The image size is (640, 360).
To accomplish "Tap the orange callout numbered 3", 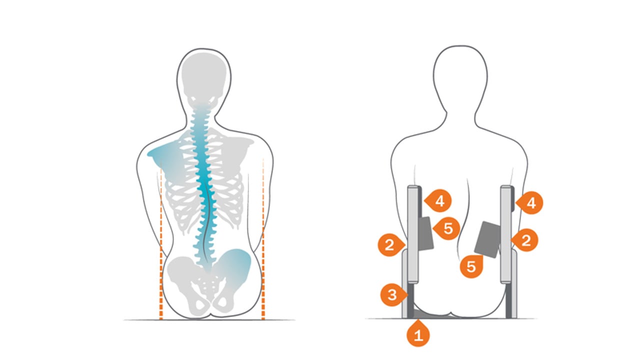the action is pos(393,294).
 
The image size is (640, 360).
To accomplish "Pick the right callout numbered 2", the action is pos(525,240).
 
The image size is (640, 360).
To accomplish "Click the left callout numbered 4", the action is pos(439,200).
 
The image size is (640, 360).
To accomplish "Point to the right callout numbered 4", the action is pos(530,202).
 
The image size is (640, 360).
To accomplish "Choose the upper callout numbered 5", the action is pos(447,228).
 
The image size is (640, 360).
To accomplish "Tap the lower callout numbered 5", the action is pos(471,266).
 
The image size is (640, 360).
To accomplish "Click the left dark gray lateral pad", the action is pos(425,233).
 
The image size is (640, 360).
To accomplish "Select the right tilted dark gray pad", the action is pos(487,239).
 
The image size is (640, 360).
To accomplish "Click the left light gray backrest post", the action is pos(413,234).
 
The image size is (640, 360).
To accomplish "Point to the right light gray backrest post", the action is pos(506,234).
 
